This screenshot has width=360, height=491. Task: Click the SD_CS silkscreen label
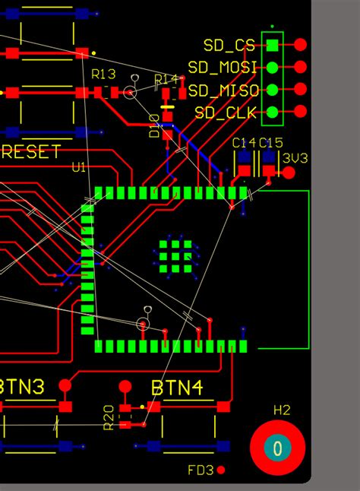click(x=229, y=46)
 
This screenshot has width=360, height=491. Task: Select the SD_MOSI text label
click(x=222, y=68)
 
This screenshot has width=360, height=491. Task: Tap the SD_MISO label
click(x=223, y=90)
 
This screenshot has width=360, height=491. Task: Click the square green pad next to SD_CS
click(x=272, y=46)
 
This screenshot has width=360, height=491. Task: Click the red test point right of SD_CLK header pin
click(x=301, y=112)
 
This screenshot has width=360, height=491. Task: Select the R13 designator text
click(x=103, y=74)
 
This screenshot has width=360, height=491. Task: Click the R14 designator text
click(x=166, y=80)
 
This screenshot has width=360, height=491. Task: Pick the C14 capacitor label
click(x=244, y=142)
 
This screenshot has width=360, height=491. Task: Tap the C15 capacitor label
click(x=270, y=142)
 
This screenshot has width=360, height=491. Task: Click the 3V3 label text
click(x=295, y=158)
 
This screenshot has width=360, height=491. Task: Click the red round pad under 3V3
click(x=289, y=173)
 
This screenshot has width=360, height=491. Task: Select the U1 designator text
click(x=79, y=166)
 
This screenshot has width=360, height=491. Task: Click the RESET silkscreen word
click(x=30, y=151)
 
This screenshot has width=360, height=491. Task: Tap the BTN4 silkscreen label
click(x=176, y=388)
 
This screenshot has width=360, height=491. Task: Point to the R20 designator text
click(x=109, y=417)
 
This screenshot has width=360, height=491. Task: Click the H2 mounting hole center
click(x=278, y=448)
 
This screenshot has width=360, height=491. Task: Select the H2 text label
click(x=282, y=410)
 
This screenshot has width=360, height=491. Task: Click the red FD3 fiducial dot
click(x=221, y=470)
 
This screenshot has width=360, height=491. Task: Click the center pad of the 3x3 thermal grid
click(x=176, y=256)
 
